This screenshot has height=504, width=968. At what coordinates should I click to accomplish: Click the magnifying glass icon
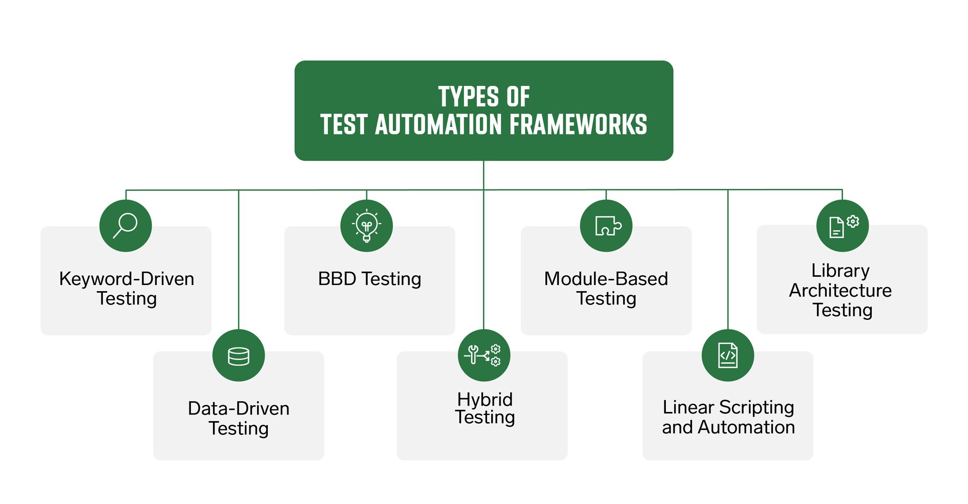click(x=125, y=226)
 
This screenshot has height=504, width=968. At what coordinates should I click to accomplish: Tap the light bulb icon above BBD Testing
click(x=366, y=226)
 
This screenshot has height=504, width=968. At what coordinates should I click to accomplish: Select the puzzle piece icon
click(x=606, y=226)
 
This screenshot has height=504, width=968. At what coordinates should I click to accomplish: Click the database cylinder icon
click(x=239, y=356)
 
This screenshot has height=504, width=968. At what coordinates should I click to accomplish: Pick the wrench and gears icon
click(x=483, y=355)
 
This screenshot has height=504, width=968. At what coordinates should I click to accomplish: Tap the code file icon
click(x=728, y=355)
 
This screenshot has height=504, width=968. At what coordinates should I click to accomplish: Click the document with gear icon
click(x=843, y=226)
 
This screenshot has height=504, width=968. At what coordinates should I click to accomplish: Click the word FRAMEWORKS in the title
click(x=578, y=125)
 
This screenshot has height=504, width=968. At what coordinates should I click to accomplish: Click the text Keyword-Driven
click(x=127, y=279)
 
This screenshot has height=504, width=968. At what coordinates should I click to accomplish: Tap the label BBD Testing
click(x=369, y=279)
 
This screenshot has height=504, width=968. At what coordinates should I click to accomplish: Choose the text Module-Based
click(x=606, y=279)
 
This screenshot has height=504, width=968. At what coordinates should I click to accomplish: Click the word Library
click(x=840, y=270)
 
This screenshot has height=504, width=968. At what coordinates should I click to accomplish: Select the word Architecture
click(x=840, y=290)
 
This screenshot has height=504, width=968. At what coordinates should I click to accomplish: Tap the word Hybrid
click(x=485, y=399)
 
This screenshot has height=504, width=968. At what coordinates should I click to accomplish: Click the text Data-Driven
click(x=239, y=408)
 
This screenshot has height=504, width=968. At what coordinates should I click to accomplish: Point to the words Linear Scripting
click(x=728, y=407)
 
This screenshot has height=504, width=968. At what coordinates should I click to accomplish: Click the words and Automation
click(x=728, y=427)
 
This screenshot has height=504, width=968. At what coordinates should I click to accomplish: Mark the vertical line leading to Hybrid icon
click(x=483, y=256)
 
